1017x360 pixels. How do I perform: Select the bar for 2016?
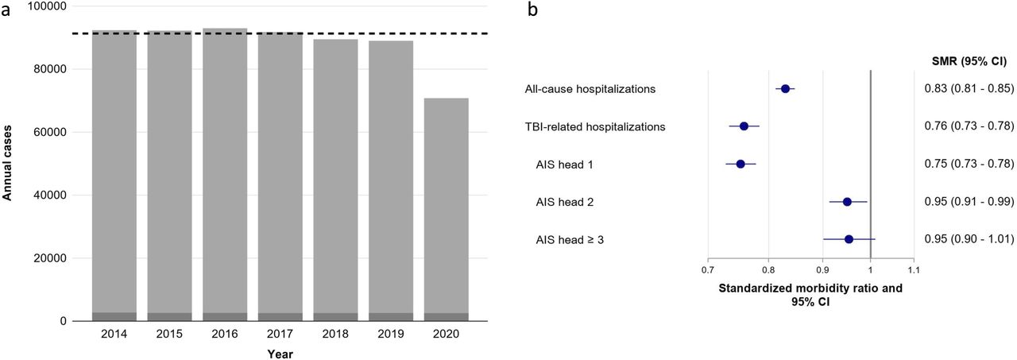(225, 175)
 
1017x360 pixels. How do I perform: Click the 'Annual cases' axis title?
(7, 161)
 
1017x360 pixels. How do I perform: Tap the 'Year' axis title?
(280, 354)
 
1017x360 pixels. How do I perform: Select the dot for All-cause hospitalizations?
(785, 89)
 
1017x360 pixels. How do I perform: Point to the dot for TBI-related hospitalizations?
(744, 126)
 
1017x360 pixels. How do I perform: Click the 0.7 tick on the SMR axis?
(708, 270)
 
